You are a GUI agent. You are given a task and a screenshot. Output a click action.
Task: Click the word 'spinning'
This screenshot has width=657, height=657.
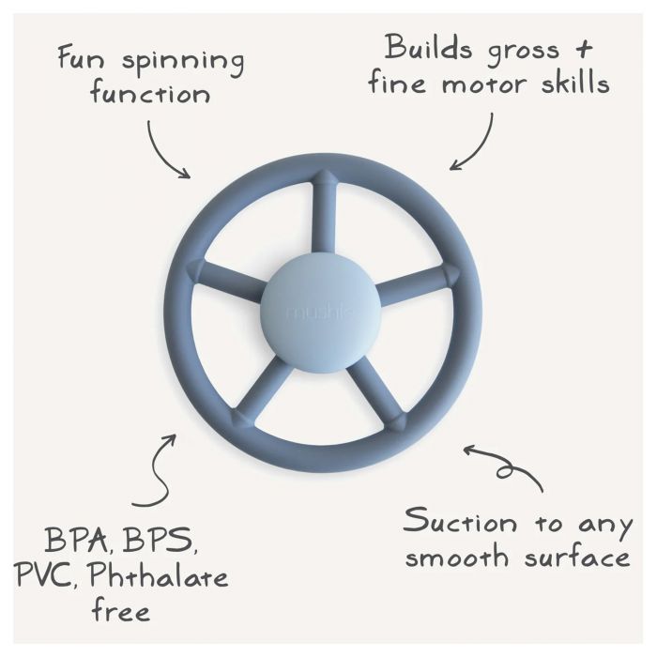[x=183, y=62]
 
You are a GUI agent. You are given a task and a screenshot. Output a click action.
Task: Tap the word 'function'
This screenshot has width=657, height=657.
[x=150, y=94]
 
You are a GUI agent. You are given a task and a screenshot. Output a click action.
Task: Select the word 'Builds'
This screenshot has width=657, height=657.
[x=428, y=47]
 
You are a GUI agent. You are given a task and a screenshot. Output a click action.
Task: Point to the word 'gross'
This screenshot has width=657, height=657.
[x=524, y=52]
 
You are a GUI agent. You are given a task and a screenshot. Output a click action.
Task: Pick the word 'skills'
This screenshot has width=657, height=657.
[x=575, y=81]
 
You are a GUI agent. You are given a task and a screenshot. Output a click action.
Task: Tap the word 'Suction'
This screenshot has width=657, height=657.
[x=460, y=521]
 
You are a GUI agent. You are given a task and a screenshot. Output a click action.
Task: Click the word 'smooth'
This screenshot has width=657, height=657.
[x=457, y=556]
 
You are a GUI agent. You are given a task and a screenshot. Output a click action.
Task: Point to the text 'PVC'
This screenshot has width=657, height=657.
[x=47, y=576]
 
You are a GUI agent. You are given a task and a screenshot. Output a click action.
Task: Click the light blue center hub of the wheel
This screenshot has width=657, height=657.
[x=322, y=313]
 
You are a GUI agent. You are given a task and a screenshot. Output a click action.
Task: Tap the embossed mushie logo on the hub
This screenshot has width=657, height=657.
[x=322, y=313]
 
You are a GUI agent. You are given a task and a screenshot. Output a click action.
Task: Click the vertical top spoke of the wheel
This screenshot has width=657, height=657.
[x=325, y=213]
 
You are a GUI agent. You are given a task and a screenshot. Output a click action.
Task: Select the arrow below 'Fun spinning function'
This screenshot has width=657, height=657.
[x=161, y=153]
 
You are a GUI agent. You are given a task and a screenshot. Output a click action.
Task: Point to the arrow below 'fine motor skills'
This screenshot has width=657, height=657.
[x=481, y=145]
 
